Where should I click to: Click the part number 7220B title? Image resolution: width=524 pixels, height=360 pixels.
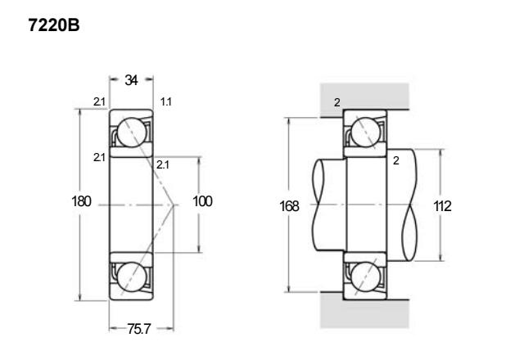click(54, 25)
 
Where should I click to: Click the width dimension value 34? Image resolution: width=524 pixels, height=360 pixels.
click(131, 80)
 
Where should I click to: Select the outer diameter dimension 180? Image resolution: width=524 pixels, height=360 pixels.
click(81, 201)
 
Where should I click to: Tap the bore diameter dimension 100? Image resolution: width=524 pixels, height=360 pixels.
click(202, 201)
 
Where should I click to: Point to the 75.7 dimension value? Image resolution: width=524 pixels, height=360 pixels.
click(139, 329)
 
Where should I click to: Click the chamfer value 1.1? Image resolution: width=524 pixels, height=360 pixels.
click(166, 101)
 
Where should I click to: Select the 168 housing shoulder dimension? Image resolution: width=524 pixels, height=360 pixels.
click(289, 206)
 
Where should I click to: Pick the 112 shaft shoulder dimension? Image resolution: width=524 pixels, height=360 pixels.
click(442, 206)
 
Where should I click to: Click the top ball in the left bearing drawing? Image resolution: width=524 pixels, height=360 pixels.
click(132, 133)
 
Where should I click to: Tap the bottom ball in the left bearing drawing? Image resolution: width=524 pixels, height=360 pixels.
click(132, 277)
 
